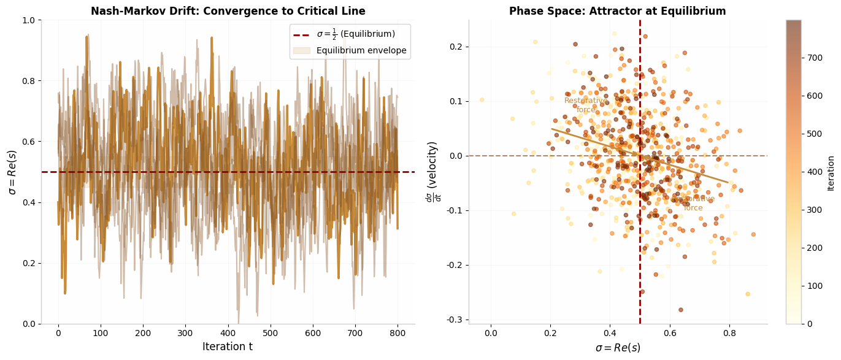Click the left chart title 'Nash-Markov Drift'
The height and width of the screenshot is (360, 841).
tap(228, 11)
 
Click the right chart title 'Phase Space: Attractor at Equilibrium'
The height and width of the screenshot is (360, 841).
tap(617, 11)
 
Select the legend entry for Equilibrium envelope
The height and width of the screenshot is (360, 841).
tap(361, 50)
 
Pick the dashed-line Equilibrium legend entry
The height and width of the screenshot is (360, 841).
tap(355, 34)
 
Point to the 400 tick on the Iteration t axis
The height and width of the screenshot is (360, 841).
tap(228, 334)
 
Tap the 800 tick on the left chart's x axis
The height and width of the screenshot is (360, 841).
tap(397, 334)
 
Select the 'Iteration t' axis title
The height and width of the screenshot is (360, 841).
tap(228, 347)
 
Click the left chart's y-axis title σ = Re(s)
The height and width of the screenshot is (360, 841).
tap(12, 172)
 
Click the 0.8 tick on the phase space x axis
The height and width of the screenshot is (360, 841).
tap(729, 334)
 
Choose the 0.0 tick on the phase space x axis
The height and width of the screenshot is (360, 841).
tap(491, 334)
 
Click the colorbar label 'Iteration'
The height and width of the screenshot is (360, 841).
tap(831, 172)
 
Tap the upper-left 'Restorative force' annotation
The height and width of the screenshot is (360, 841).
tap(586, 105)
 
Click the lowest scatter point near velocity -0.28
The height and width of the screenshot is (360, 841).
tap(680, 310)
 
